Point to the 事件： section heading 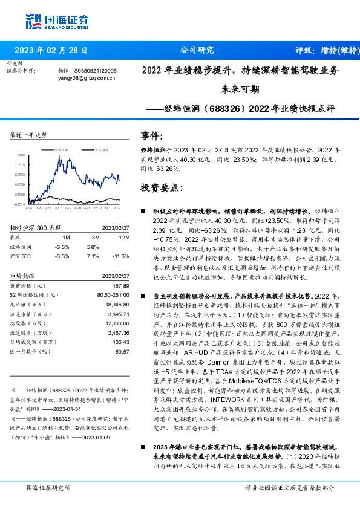[x=152, y=135]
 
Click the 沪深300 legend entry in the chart [x=100, y=148]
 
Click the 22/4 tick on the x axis [x=28, y=208]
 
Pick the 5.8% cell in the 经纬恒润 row [x=93, y=247]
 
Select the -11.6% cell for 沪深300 [x=122, y=256]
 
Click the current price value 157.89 [x=122, y=285]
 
